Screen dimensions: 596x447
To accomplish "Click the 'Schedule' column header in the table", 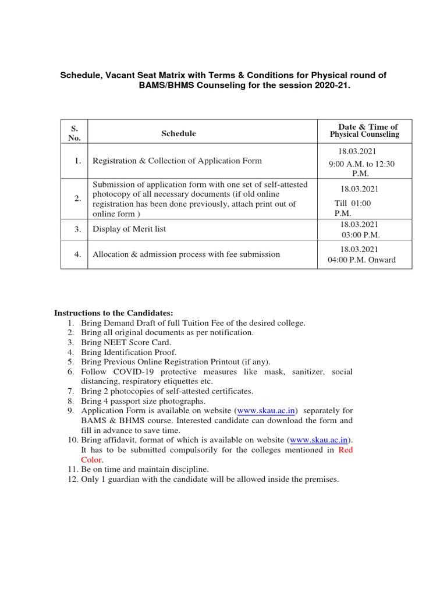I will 178,134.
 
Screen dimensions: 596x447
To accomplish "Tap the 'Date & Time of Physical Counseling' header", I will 364,130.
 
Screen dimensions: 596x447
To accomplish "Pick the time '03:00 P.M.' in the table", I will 360,234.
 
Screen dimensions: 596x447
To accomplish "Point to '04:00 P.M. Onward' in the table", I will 361,260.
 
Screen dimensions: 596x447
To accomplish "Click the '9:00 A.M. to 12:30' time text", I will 361,164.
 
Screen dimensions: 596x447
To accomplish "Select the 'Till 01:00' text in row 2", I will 352,203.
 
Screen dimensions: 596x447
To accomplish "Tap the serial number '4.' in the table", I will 77,254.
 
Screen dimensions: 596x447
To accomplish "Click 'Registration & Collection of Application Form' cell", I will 177,161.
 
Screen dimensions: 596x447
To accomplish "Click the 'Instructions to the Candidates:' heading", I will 113,313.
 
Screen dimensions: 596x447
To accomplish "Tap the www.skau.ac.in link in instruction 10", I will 319,440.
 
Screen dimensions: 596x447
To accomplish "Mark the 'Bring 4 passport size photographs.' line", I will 143,401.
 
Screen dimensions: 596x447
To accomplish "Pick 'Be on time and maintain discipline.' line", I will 144,469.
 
